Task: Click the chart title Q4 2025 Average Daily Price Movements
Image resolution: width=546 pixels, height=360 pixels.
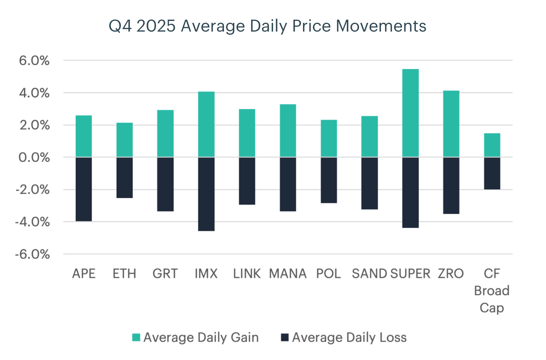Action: point(267,26)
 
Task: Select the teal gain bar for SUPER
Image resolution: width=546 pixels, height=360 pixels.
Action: point(410,113)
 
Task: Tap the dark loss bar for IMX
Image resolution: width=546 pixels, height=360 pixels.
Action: point(206,194)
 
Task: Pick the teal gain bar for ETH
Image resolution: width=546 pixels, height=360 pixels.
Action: point(125,140)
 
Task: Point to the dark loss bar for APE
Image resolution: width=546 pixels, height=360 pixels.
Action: point(84,189)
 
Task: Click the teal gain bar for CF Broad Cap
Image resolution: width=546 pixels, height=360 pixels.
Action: point(492,145)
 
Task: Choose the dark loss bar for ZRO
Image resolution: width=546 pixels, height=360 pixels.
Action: point(451,186)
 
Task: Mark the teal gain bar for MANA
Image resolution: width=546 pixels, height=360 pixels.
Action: point(288,131)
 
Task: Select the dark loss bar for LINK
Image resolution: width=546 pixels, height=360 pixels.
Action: point(247,181)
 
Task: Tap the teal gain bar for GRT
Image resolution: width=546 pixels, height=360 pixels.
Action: point(165,133)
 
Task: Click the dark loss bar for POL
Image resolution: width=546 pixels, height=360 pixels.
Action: point(329,180)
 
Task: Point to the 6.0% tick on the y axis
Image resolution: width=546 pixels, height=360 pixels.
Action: point(34,61)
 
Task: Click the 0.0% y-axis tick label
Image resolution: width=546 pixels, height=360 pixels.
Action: point(34,157)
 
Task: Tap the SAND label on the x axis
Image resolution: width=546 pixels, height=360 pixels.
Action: point(369,274)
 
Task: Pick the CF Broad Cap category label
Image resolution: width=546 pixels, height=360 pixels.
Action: point(492,291)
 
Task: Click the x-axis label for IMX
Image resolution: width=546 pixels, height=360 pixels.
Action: point(206,274)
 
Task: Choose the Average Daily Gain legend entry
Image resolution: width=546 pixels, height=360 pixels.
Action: point(196,337)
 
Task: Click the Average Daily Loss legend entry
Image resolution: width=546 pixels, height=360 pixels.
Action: point(344,337)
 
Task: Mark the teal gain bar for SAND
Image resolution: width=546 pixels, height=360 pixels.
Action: point(370,137)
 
